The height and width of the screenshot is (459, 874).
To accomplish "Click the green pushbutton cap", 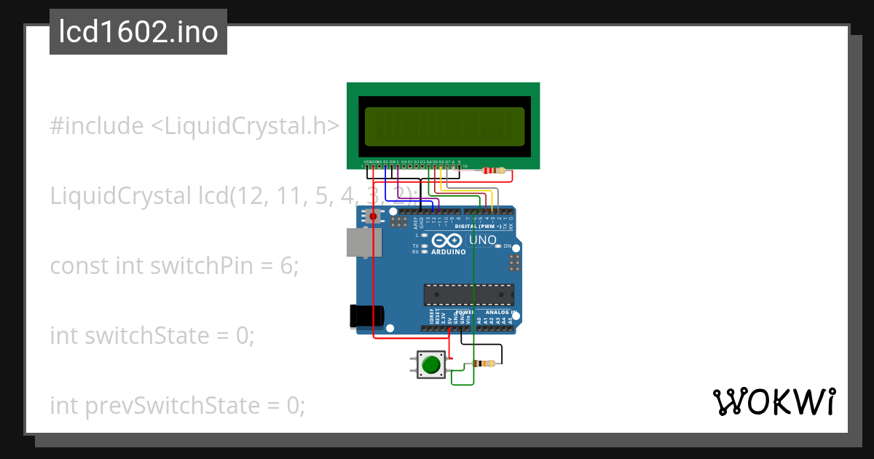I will point(432,364).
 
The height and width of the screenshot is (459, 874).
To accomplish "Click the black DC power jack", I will point(366,315).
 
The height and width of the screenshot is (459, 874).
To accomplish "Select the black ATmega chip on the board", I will point(469,294).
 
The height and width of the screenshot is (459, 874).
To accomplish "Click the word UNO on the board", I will point(482,240).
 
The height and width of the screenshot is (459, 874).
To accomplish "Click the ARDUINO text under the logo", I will point(449,252).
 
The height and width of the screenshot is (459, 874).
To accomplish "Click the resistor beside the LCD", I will point(494,171).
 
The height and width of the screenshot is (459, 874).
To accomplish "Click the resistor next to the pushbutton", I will point(484,364).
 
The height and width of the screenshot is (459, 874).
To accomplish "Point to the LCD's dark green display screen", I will point(444,125).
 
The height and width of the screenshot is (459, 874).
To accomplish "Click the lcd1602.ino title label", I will point(138,32).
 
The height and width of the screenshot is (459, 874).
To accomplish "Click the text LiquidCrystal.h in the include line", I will point(251,126).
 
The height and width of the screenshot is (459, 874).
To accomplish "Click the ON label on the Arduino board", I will point(508,246).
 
